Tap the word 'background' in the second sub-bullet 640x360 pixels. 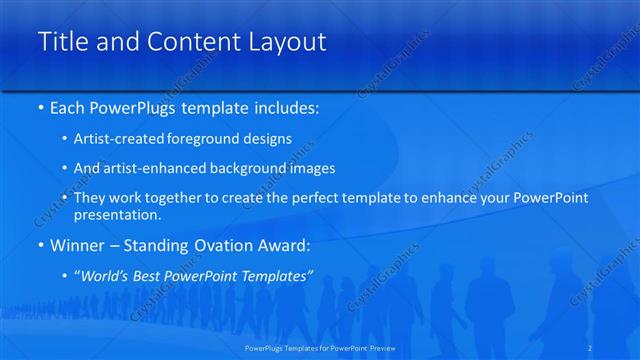click(262, 168)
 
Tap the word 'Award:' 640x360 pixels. click(285, 244)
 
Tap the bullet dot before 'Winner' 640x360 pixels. click(40, 245)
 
